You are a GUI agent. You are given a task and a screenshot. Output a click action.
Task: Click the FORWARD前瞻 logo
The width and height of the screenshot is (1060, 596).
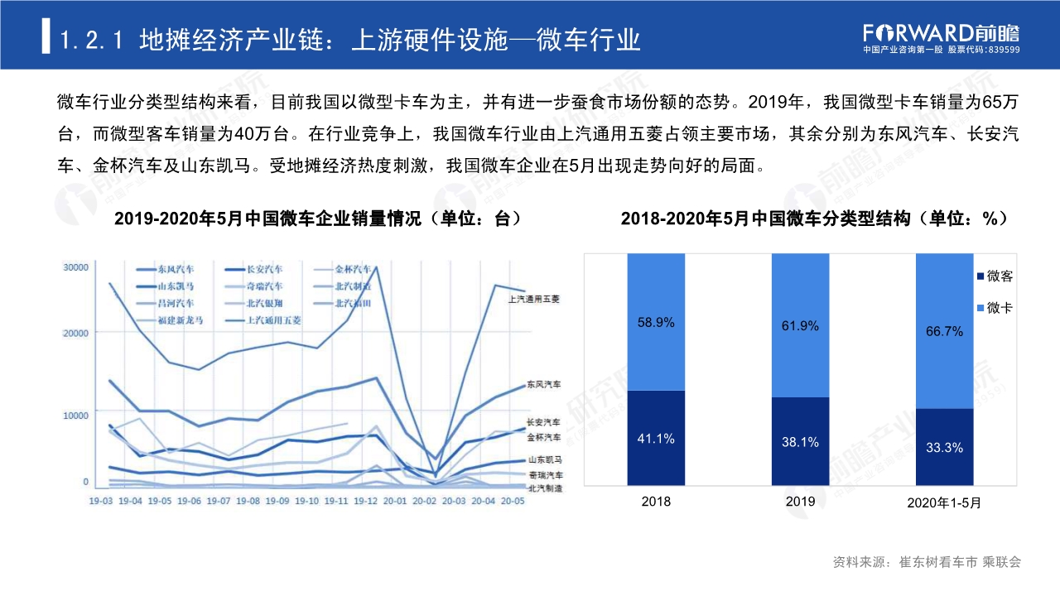tap(941, 32)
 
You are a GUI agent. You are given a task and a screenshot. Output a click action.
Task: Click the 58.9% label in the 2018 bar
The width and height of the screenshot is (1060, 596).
tap(657, 324)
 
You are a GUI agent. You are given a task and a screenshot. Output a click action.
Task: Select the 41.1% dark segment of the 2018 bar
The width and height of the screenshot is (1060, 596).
tap(657, 438)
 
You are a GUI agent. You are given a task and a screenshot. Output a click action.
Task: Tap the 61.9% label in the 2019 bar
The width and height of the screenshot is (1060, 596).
tap(800, 326)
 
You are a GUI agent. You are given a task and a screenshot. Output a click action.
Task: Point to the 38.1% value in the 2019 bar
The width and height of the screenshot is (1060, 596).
tap(800, 442)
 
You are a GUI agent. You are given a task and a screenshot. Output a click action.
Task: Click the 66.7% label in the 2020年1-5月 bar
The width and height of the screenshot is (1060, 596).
tap(944, 331)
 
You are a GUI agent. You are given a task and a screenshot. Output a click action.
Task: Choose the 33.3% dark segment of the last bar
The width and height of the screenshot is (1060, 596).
tap(944, 447)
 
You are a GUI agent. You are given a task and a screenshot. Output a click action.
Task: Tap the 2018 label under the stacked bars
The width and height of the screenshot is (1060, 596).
tap(657, 501)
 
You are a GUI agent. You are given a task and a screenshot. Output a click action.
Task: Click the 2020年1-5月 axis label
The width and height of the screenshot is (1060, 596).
tap(944, 502)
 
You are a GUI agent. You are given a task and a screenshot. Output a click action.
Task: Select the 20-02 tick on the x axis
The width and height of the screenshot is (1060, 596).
tap(423, 502)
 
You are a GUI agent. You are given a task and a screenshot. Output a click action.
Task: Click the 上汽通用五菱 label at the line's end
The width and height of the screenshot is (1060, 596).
tap(534, 299)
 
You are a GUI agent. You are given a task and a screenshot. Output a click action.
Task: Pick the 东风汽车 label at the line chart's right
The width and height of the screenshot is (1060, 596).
tap(543, 385)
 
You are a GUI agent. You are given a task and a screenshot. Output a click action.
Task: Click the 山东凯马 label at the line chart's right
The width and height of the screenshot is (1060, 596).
tap(544, 459)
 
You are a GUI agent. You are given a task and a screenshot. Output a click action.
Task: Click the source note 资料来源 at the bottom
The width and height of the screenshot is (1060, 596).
tap(926, 562)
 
